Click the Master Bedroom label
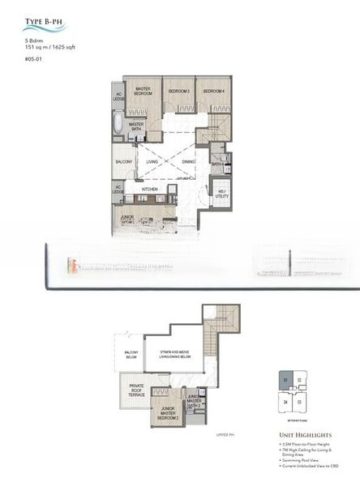point(144,92)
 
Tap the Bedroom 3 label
point(178,91)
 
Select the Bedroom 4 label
point(212,91)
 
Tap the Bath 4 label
point(217,164)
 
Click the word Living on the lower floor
point(152,162)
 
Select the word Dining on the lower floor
point(188,162)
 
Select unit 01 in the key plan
point(285,379)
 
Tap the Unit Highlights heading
point(301,435)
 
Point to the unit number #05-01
point(32,58)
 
